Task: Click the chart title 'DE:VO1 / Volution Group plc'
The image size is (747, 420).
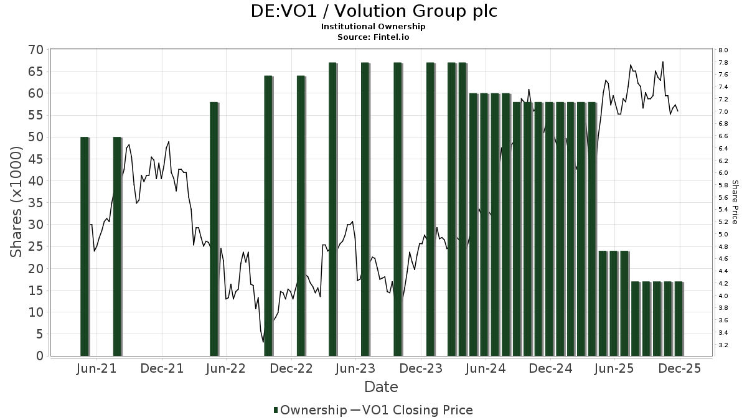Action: pos(374,11)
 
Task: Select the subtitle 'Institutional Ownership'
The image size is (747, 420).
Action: pos(374,27)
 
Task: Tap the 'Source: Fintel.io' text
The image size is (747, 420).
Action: pos(374,37)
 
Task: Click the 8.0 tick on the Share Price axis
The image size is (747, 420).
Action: pos(723,50)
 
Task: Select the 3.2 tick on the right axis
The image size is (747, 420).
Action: pos(723,345)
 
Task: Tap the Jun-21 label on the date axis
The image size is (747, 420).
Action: pos(97,369)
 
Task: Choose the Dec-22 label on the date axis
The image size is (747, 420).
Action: pos(292,369)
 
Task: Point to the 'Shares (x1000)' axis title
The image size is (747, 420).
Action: pos(17,202)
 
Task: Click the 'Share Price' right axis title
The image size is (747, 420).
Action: pos(735,202)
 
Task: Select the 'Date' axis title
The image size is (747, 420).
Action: pos(381,387)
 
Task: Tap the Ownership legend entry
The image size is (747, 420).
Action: pos(310,410)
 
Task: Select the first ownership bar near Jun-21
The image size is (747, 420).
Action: pos(84,246)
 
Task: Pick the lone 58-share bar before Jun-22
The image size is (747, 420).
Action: pos(214,228)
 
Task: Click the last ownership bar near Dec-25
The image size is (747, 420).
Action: pos(679,319)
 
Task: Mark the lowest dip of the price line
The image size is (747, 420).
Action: pos(263,342)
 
